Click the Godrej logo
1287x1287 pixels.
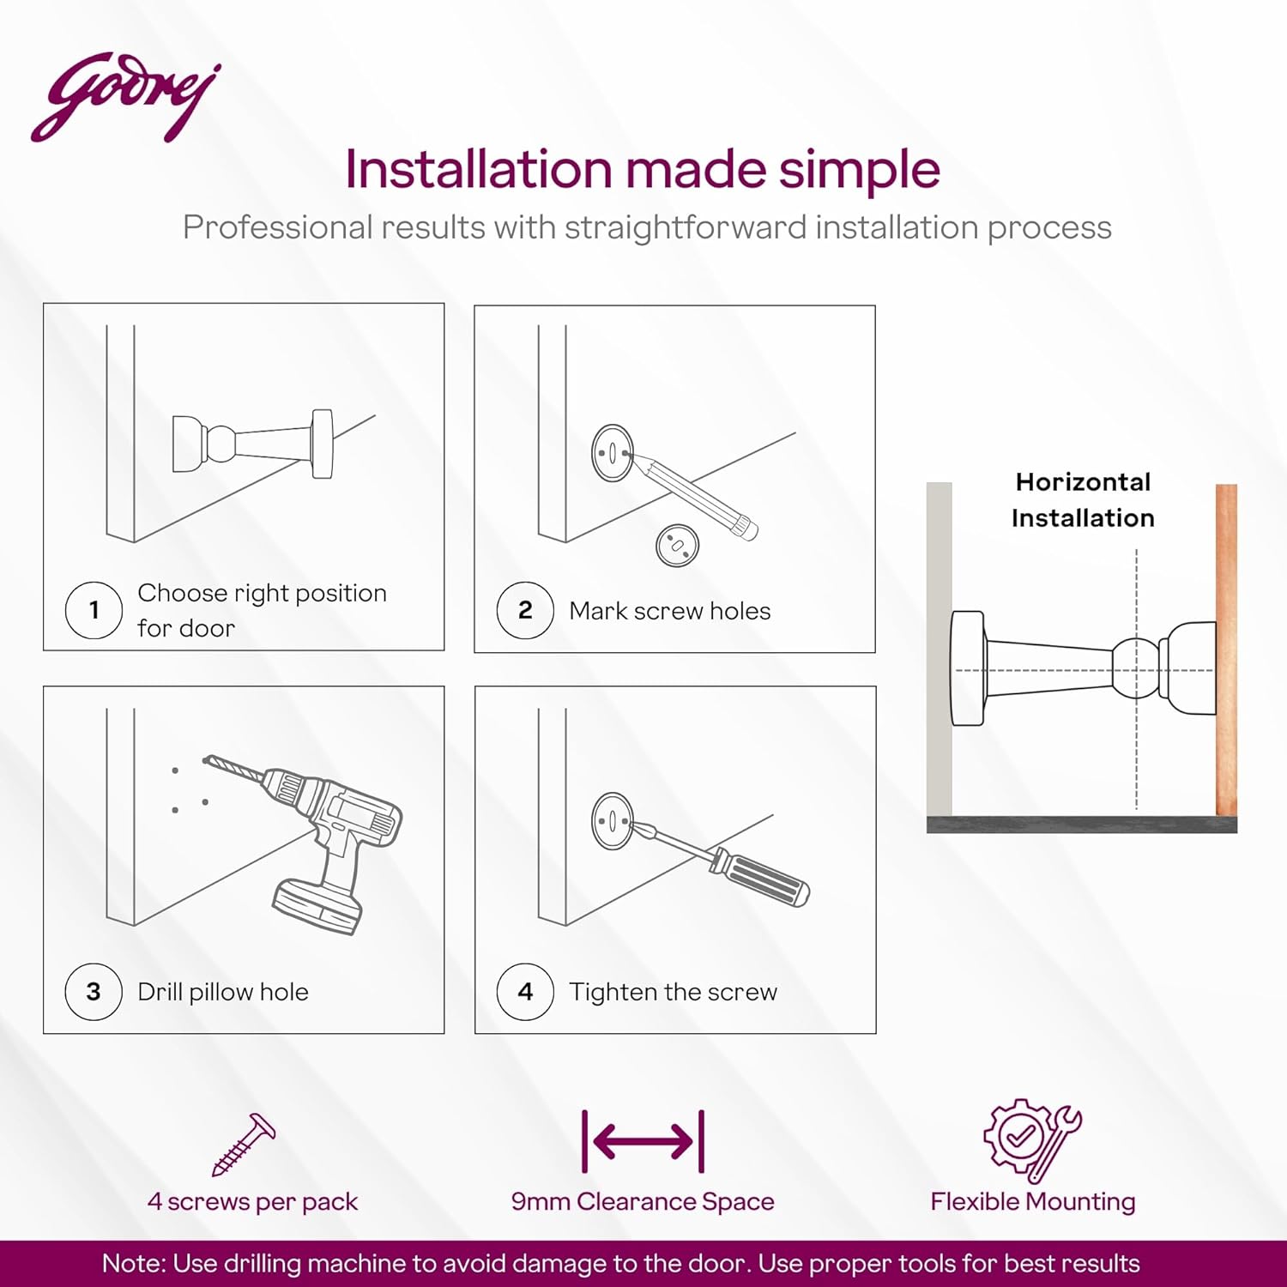pos(125,97)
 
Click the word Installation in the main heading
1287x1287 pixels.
pos(477,169)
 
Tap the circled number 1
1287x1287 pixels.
pos(94,610)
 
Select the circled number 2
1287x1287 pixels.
pos(525,610)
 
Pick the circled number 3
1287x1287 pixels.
pos(94,992)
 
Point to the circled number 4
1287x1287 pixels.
pos(525,992)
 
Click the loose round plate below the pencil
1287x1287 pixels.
pos(677,545)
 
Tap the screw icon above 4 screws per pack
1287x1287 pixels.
pos(244,1145)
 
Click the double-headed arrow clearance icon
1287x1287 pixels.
pos(643,1141)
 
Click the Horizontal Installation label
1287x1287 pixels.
pos(1083,500)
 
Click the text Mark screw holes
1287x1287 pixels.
pos(669,611)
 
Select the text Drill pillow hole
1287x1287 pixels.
pos(223,992)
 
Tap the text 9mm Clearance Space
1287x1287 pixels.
pos(643,1201)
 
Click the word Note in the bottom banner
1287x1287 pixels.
pos(132,1264)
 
